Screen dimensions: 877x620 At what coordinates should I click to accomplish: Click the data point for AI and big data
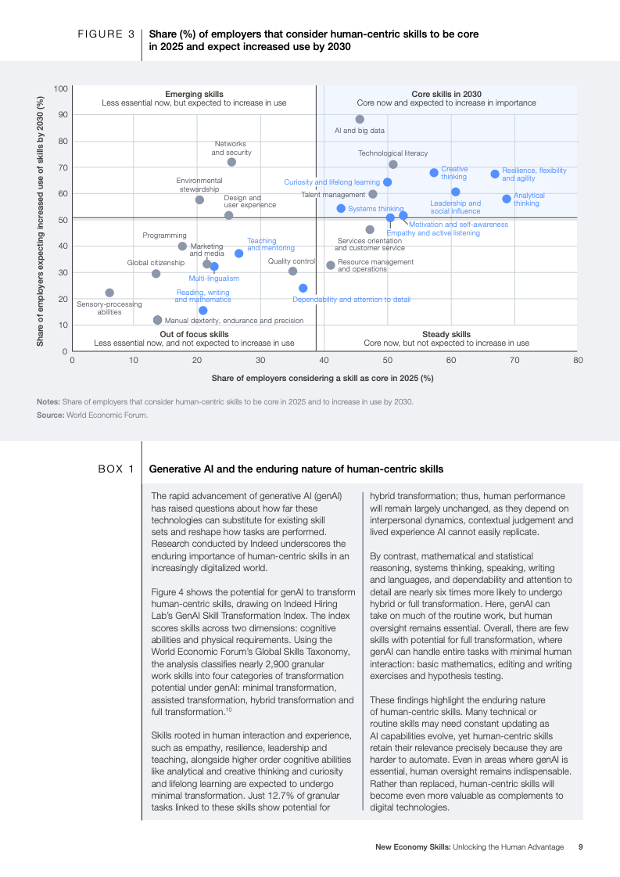pyautogui.click(x=360, y=119)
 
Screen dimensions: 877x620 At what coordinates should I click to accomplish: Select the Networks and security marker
pyautogui.click(x=231, y=162)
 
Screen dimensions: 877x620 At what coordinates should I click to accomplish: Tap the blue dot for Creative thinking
pyautogui.click(x=434, y=173)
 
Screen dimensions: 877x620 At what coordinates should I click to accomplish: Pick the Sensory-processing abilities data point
pyautogui.click(x=109, y=293)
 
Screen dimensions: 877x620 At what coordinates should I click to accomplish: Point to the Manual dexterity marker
pyautogui.click(x=158, y=320)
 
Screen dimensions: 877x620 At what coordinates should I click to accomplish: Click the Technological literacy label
pyautogui.click(x=393, y=153)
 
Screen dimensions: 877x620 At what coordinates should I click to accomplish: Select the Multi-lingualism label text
pyautogui.click(x=213, y=279)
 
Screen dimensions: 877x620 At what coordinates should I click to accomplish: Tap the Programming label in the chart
pyautogui.click(x=164, y=235)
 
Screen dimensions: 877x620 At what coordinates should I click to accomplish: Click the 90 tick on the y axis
pyautogui.click(x=61, y=115)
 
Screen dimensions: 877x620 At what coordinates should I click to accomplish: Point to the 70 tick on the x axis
pyautogui.click(x=514, y=361)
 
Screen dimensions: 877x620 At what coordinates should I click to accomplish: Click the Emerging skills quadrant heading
pyautogui.click(x=194, y=94)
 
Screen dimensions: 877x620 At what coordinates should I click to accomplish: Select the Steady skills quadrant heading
pyautogui.click(x=446, y=334)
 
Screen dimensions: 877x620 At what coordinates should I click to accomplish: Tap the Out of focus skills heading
pyautogui.click(x=194, y=334)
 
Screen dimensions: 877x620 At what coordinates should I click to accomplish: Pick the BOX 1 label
pyautogui.click(x=116, y=469)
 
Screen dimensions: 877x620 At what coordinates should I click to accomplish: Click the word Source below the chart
pyautogui.click(x=48, y=415)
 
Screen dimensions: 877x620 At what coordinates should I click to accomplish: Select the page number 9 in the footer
pyautogui.click(x=580, y=846)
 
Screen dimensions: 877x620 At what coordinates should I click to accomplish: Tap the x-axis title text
pyautogui.click(x=322, y=378)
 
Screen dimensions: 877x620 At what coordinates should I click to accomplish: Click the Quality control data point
pyautogui.click(x=292, y=271)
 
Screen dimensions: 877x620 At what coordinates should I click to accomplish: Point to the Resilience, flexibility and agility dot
pyautogui.click(x=495, y=174)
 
